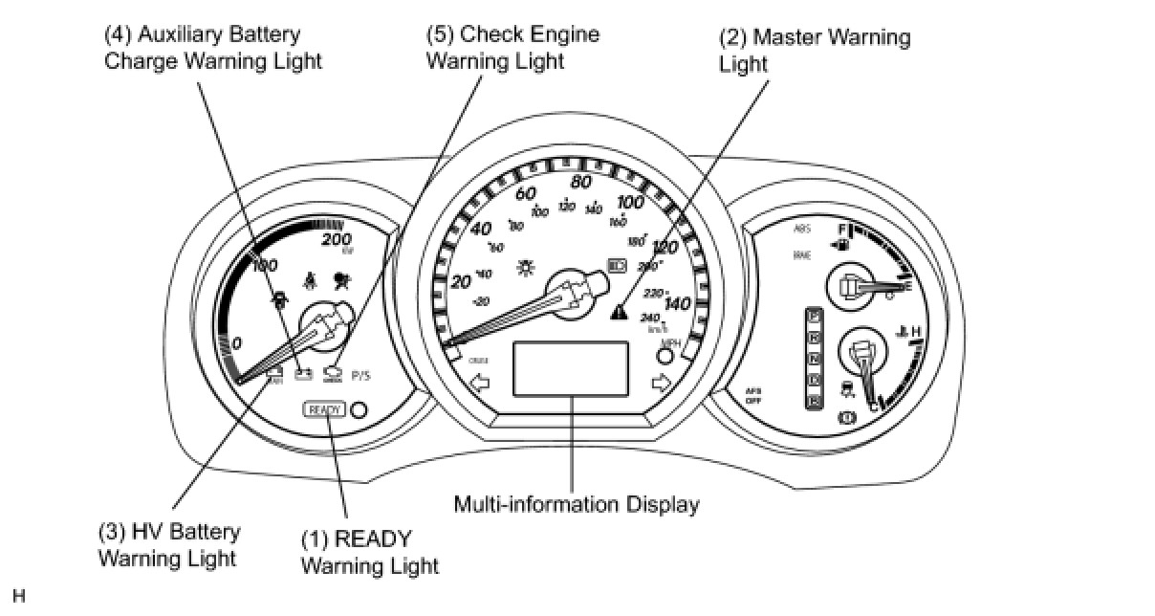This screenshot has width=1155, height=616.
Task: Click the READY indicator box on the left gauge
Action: (323, 409)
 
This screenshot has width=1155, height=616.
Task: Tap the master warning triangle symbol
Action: (621, 312)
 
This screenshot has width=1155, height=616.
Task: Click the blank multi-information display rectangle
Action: (571, 368)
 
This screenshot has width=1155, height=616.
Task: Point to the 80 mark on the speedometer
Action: (580, 182)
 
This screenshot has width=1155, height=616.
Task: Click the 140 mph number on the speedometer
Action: (677, 304)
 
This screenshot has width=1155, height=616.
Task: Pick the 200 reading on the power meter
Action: (337, 238)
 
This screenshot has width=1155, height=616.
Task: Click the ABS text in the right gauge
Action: (801, 230)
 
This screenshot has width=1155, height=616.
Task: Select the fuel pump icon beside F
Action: (842, 245)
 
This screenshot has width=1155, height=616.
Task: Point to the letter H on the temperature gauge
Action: (915, 332)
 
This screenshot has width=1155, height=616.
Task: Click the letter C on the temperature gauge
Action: (872, 408)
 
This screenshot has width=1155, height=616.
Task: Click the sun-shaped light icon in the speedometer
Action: (524, 267)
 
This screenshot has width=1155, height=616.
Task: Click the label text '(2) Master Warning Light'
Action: (814, 51)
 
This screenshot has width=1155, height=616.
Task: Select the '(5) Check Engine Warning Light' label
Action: (512, 47)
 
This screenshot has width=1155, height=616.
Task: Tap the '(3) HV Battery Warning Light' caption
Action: (169, 544)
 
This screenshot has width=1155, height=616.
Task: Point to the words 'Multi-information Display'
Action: (577, 504)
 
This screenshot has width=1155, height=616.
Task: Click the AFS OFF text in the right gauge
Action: (752, 394)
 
